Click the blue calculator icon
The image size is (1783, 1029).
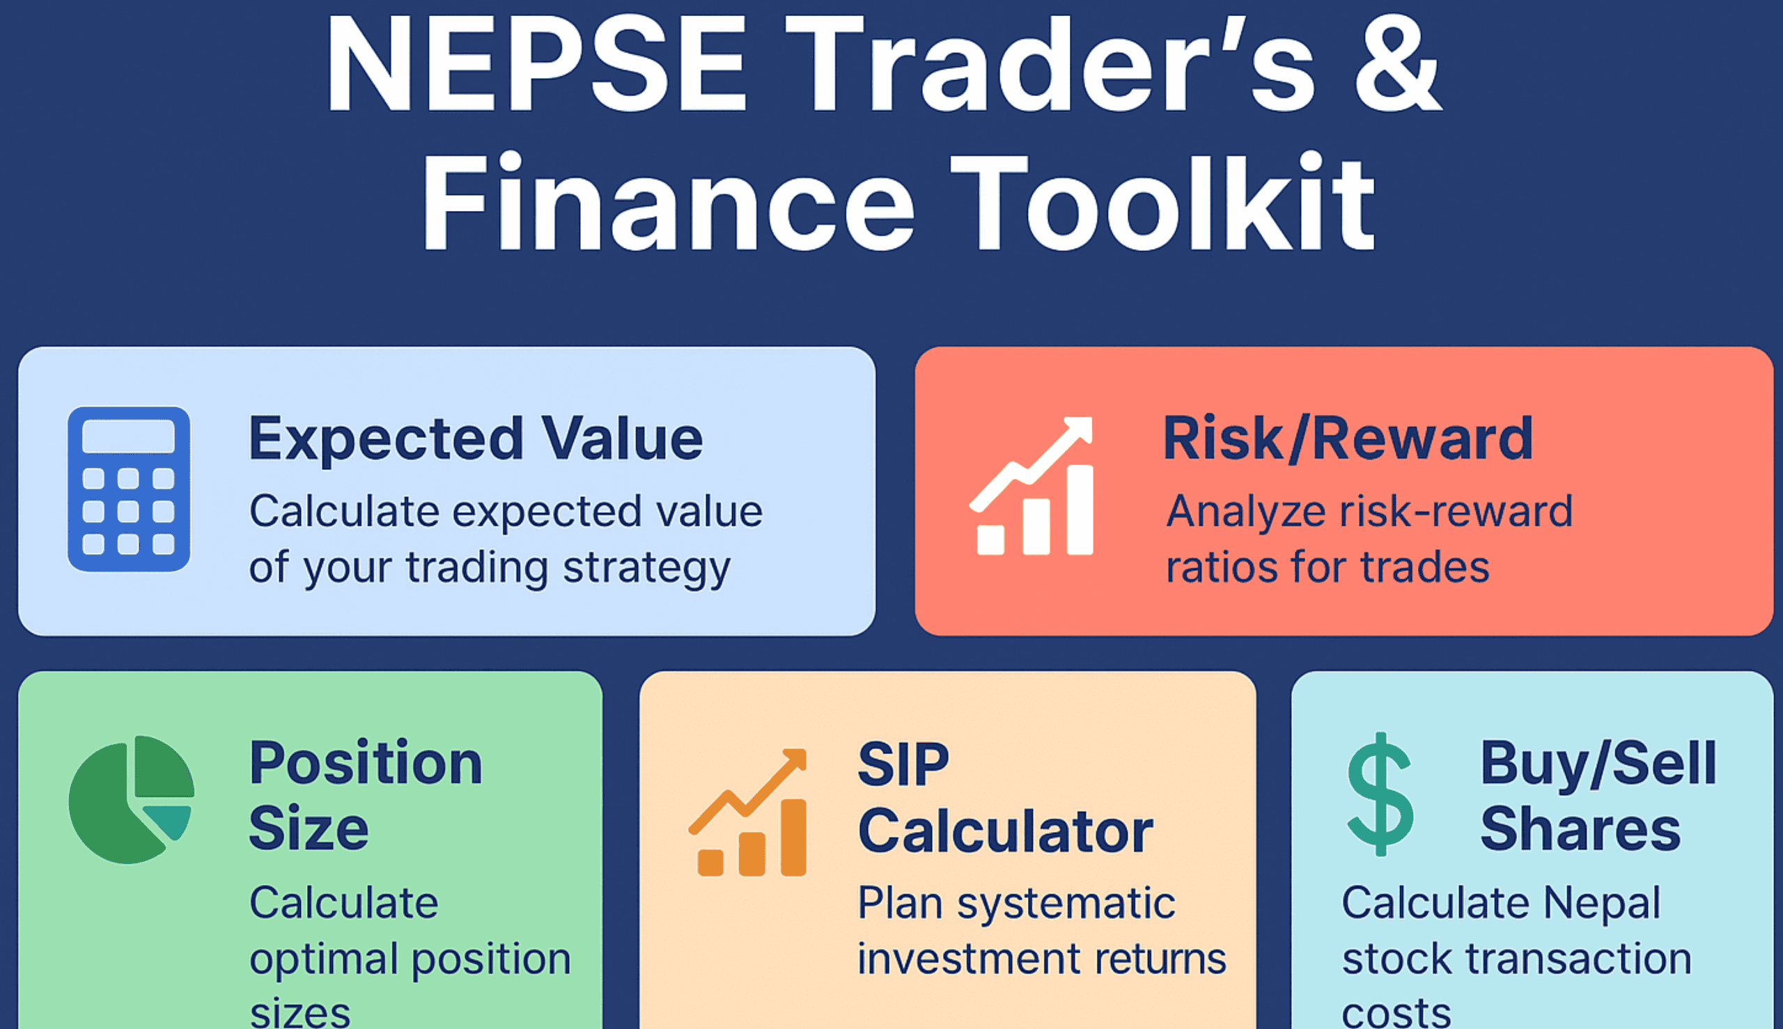(x=129, y=489)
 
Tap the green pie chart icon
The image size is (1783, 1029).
(x=131, y=799)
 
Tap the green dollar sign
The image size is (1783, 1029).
(x=1380, y=794)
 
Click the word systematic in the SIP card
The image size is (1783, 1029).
(x=1066, y=903)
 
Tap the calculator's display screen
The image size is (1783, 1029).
(x=129, y=437)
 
